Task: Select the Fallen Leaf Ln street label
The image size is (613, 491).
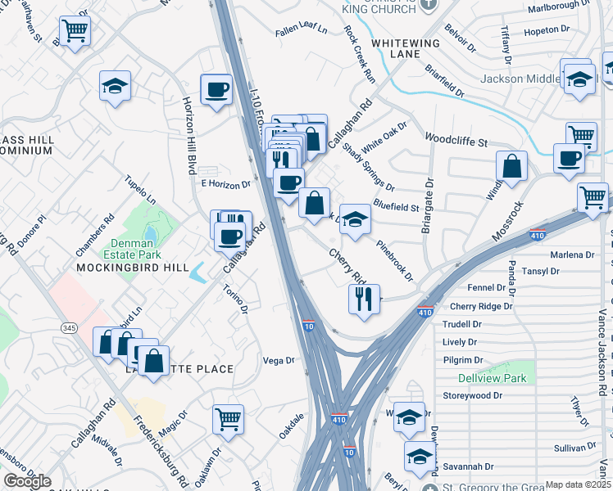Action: click(x=301, y=30)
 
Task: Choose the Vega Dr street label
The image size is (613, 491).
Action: click(x=278, y=360)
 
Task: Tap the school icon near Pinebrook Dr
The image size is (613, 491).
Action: click(x=355, y=218)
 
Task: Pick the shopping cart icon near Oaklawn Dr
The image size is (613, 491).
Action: click(x=228, y=419)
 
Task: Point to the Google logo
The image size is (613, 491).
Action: click(x=27, y=481)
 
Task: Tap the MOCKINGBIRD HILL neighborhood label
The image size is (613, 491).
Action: click(x=133, y=268)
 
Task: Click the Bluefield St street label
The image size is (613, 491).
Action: click(x=397, y=207)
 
